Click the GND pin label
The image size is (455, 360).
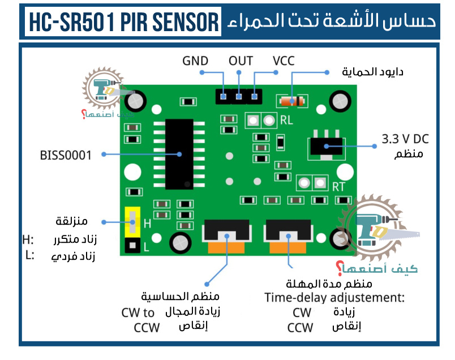(x=195, y=61)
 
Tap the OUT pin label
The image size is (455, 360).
(x=241, y=61)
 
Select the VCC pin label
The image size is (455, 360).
(x=283, y=61)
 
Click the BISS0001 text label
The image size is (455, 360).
(x=65, y=155)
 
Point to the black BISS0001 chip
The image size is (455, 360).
(x=179, y=155)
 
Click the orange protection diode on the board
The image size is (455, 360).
(x=291, y=101)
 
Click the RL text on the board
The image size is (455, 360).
(x=286, y=120)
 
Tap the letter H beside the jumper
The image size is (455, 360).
(x=147, y=224)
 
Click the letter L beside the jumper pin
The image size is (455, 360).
(x=146, y=247)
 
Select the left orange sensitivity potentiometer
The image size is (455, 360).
(x=227, y=247)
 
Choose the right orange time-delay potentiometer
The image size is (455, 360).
(x=289, y=247)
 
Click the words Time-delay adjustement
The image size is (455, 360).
(x=334, y=298)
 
